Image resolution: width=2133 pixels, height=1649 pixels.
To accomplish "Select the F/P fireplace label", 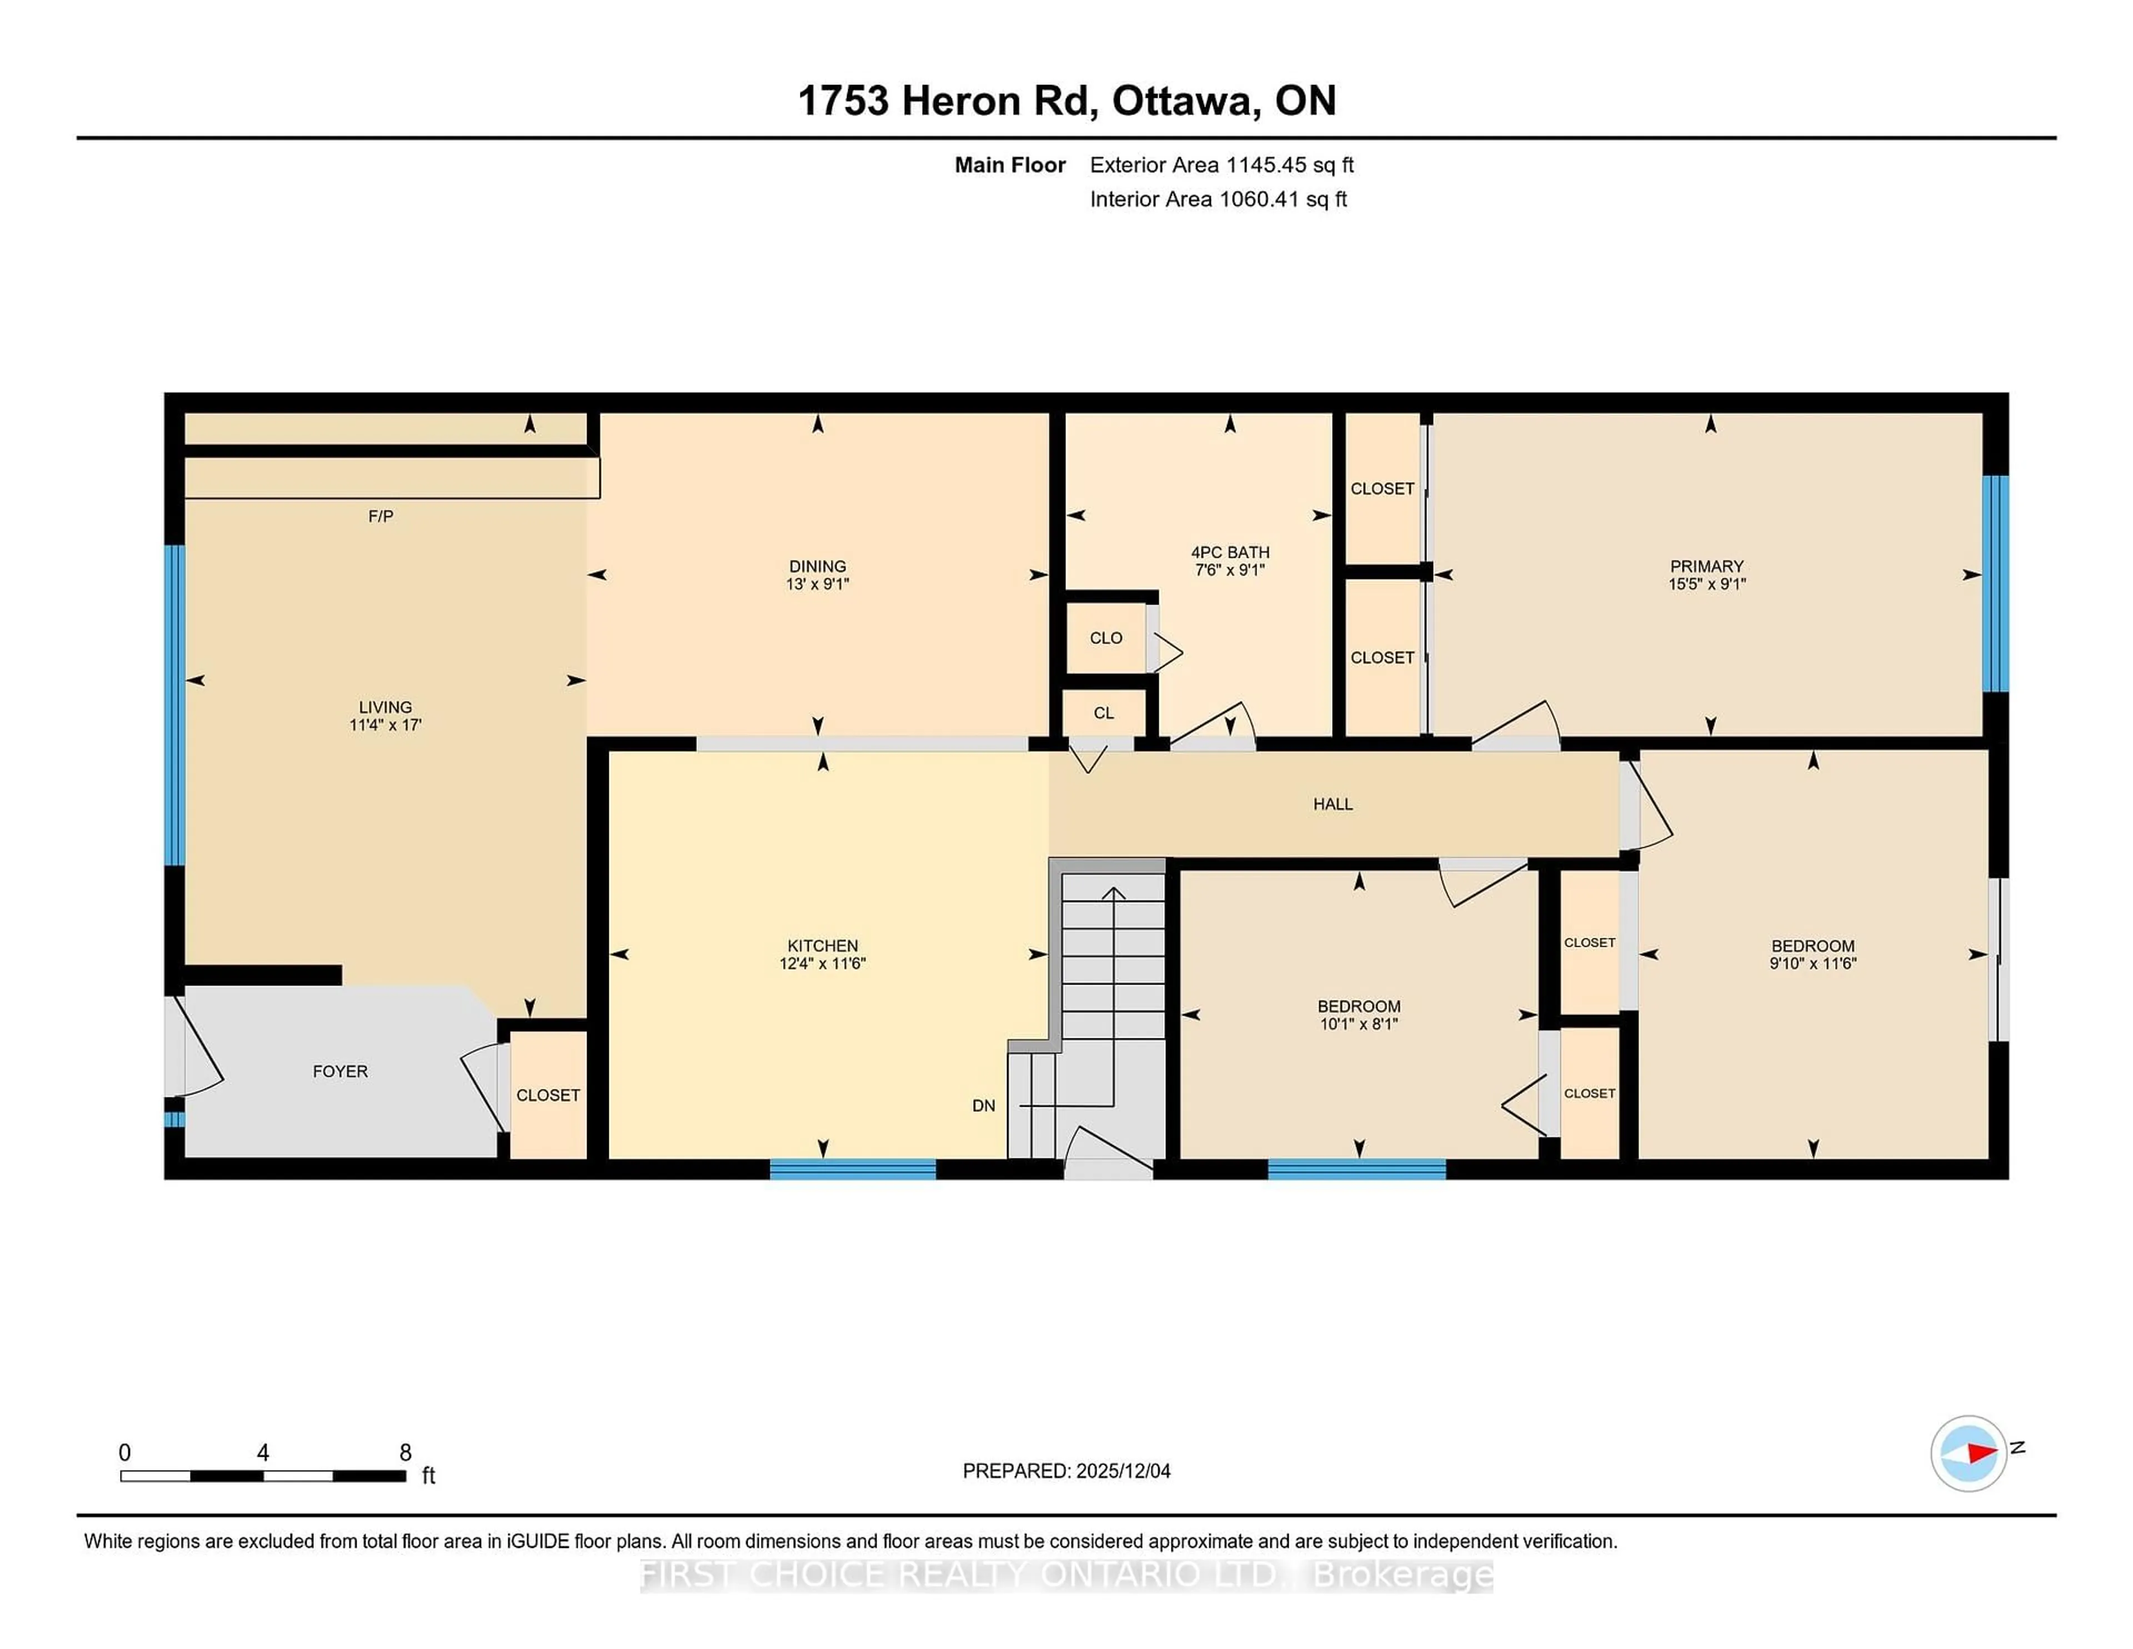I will click(x=381, y=516).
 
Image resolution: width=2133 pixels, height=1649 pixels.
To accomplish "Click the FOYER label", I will click(x=340, y=1072).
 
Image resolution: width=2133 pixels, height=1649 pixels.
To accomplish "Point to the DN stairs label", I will click(x=984, y=1106).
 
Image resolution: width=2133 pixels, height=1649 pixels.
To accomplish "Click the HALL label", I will click(x=1332, y=804).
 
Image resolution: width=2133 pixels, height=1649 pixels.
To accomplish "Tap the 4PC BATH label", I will click(x=1230, y=552).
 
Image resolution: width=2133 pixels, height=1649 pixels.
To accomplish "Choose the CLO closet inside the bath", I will click(x=1105, y=638).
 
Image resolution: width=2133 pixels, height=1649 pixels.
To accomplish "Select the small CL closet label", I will click(x=1104, y=713).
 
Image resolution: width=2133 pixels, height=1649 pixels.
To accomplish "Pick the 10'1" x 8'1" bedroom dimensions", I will click(x=1359, y=1024).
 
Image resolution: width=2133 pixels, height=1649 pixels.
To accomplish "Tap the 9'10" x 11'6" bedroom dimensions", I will click(x=1812, y=963).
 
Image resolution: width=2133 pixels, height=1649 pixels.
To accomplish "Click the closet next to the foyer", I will click(x=548, y=1095).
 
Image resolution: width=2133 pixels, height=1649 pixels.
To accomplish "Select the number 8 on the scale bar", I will click(x=405, y=1453).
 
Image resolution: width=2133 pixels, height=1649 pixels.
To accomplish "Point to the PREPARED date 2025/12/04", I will click(x=1066, y=1471).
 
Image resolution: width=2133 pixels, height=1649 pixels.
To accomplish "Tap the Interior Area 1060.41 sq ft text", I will click(x=1218, y=199).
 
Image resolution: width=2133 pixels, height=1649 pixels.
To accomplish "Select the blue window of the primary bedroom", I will click(x=1995, y=583).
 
